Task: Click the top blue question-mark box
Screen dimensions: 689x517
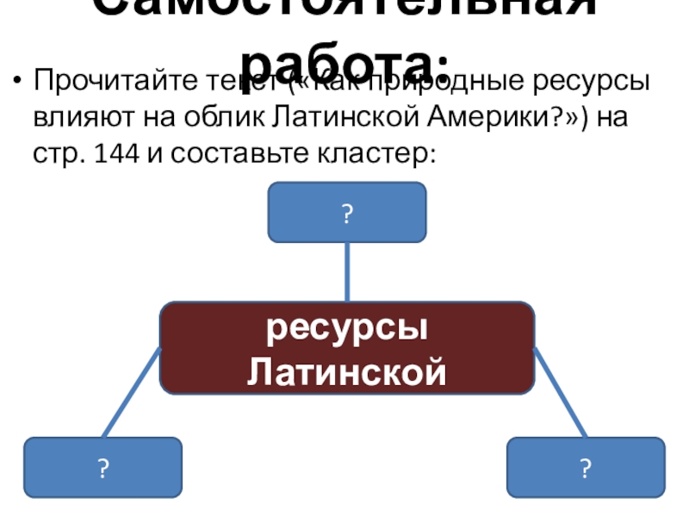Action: (x=347, y=213)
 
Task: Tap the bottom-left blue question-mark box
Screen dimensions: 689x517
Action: (x=102, y=468)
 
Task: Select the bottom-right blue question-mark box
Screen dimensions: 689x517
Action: (x=586, y=468)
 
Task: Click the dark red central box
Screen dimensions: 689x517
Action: (x=347, y=347)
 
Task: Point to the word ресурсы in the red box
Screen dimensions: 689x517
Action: (x=347, y=329)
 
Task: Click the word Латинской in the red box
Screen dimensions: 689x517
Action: (x=347, y=372)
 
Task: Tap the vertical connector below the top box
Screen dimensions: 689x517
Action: (x=347, y=271)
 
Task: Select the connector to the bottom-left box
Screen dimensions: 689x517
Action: (x=132, y=393)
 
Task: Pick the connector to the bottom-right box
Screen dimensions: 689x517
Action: (x=561, y=393)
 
